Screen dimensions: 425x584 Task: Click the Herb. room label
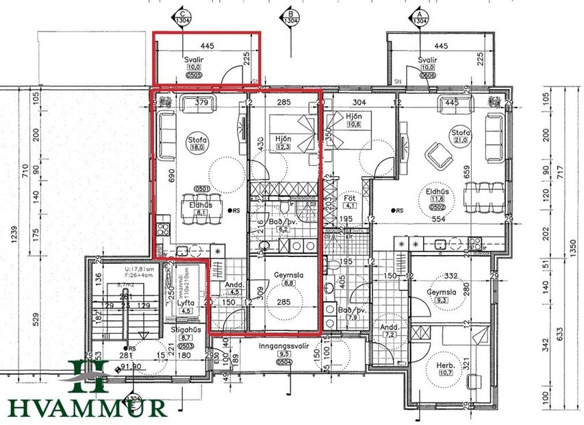tap(446, 365)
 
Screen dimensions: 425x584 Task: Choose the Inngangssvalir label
tap(284, 346)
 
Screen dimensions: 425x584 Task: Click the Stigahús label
tap(184, 329)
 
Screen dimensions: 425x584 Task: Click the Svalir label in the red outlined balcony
tap(194, 60)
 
